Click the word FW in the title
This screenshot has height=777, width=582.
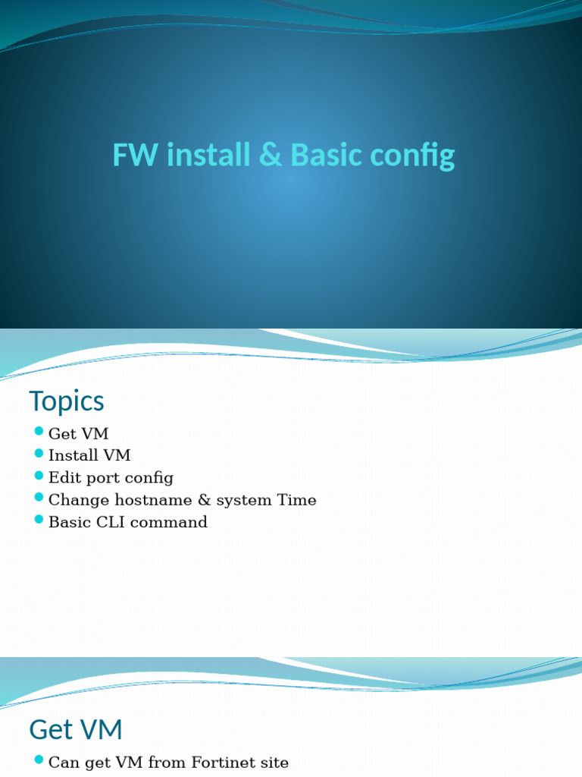point(136,156)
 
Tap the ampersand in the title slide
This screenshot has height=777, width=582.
point(269,156)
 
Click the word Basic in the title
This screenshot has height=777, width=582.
point(327,156)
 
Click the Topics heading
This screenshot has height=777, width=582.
point(67,401)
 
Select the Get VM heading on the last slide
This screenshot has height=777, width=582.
point(76,730)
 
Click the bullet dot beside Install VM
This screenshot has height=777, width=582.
point(39,454)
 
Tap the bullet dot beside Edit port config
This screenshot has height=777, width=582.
point(39,476)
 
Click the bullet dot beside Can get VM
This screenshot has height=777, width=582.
point(39,760)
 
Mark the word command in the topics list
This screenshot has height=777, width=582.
point(171,522)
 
